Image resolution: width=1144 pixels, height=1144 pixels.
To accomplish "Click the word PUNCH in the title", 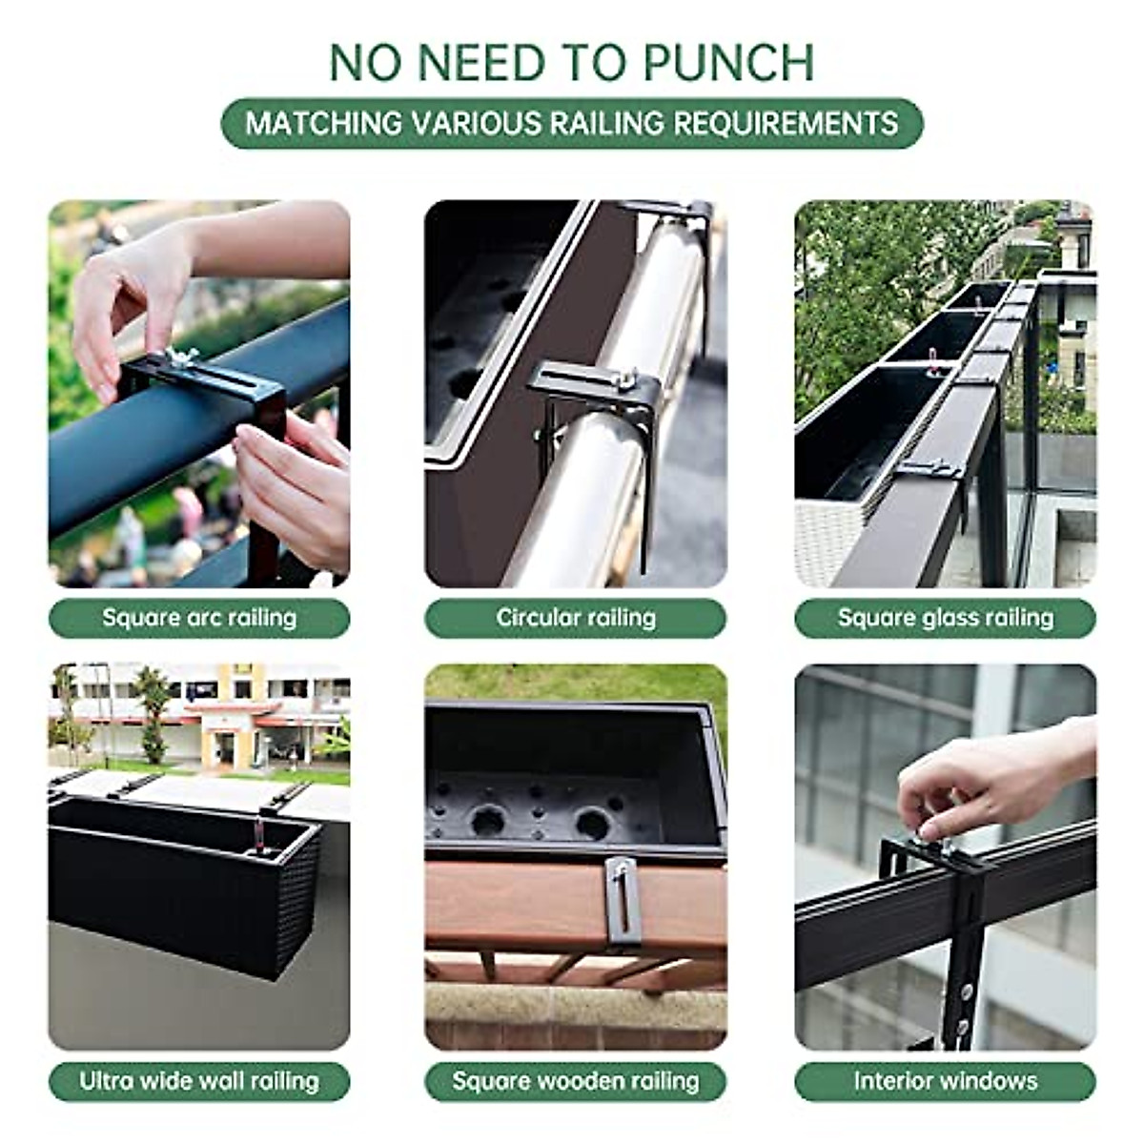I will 728,63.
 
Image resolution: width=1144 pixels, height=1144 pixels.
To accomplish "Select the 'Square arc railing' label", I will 199,618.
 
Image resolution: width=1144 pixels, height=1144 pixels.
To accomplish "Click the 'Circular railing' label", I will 575,618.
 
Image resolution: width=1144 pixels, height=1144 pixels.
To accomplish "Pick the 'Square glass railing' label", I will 945,618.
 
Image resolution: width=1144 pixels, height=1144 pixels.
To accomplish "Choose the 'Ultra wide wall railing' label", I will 199,1081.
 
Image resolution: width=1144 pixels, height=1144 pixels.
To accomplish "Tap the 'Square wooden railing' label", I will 575,1081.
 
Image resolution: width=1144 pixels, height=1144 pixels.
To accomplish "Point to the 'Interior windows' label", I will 945,1081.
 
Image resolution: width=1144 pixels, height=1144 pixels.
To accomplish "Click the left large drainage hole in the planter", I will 488,821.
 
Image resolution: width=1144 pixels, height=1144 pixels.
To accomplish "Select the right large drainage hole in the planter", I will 592,823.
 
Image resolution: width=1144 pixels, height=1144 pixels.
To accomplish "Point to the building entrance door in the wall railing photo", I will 225,749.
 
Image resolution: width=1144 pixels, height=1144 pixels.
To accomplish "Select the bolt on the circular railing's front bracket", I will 623,380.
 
